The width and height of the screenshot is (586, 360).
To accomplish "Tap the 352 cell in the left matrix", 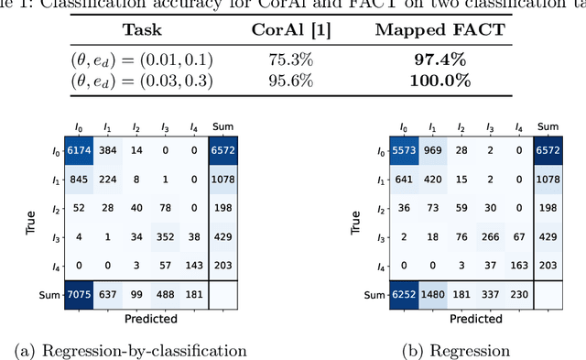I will [x=164, y=235].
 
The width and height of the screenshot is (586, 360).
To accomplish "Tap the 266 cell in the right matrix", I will [x=491, y=235].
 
